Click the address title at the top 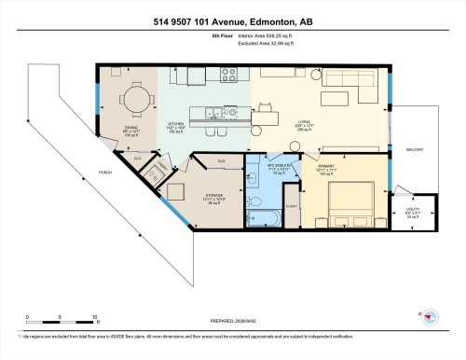[233, 21]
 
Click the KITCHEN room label [175, 124]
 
